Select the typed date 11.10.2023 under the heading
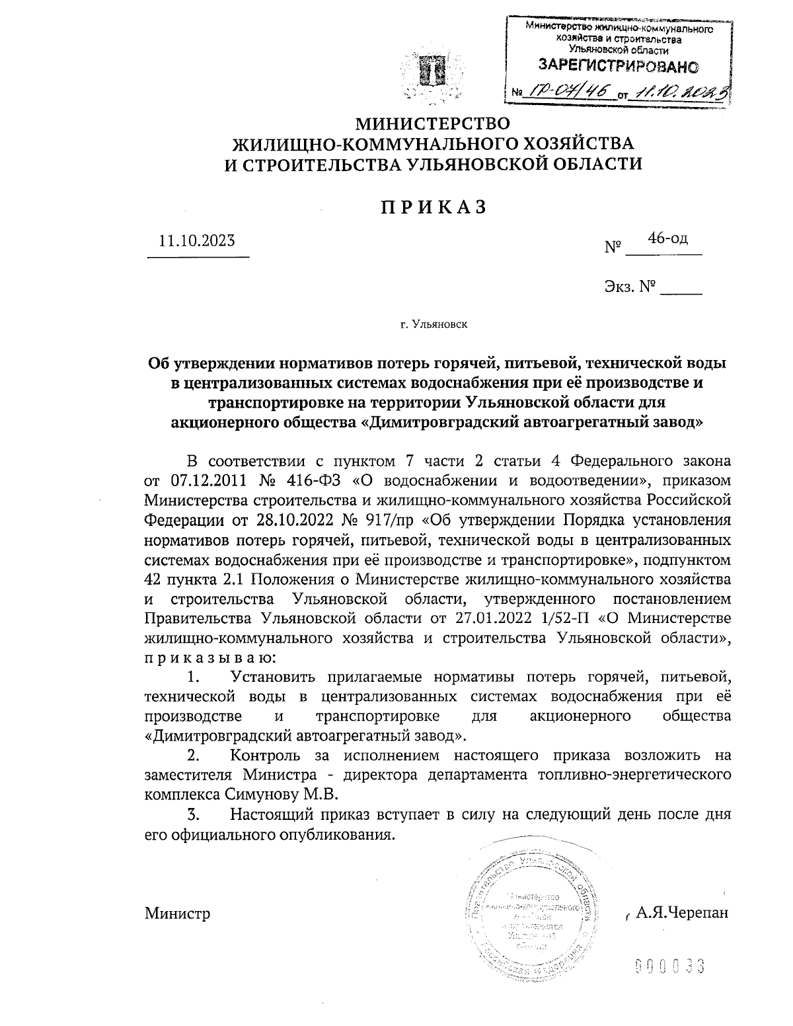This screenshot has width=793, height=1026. coord(197,240)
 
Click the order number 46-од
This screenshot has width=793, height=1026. coord(667,238)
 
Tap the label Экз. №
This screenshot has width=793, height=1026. coord(628,286)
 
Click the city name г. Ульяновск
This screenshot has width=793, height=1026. coord(434,324)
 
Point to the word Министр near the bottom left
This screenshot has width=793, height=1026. coord(177,914)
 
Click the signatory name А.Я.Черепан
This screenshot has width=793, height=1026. coord(681,913)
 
